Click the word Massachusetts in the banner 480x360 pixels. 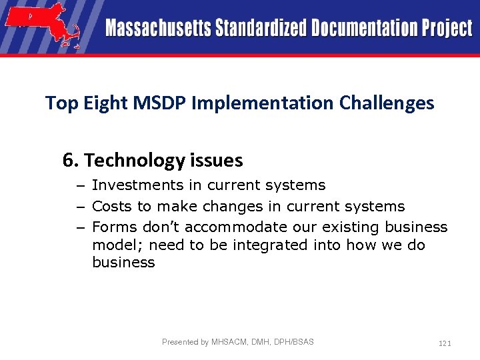[x=157, y=29]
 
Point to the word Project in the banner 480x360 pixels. [x=447, y=29]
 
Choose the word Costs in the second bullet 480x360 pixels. [x=113, y=207]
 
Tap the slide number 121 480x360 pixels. [x=445, y=343]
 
